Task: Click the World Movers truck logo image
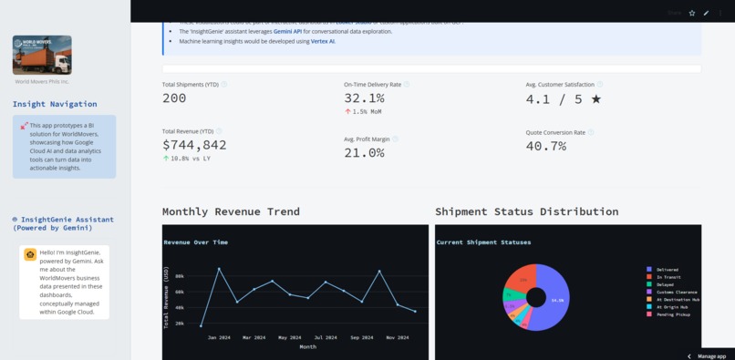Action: [x=42, y=55]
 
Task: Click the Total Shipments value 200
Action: [x=174, y=98]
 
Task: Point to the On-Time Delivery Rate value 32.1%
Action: [x=364, y=98]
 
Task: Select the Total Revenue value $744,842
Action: [x=194, y=145]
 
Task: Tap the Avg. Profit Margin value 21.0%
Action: [x=364, y=153]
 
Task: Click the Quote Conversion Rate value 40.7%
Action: [x=545, y=146]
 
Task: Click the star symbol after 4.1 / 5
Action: [x=596, y=98]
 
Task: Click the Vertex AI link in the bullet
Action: [x=323, y=41]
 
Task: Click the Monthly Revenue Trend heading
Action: [x=231, y=211]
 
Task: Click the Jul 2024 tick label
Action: [x=326, y=337]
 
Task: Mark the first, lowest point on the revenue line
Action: [x=202, y=325]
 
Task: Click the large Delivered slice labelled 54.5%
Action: [x=554, y=299]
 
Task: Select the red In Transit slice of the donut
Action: [x=521, y=277]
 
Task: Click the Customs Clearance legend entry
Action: [x=675, y=292]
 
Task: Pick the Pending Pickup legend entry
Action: [x=673, y=314]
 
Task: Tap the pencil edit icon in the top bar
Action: [x=706, y=13]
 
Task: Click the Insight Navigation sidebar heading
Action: [x=55, y=104]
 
